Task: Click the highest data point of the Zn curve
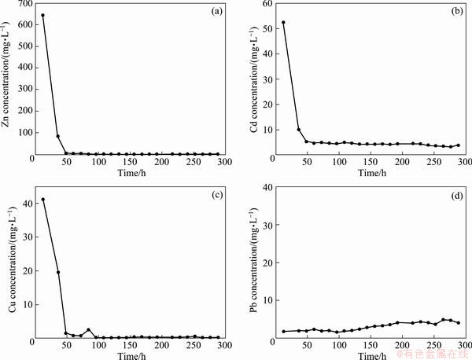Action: pyautogui.click(x=42, y=15)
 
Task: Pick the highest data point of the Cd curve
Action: pyautogui.click(x=283, y=22)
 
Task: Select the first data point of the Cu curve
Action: pyautogui.click(x=42, y=200)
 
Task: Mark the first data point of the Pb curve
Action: pyautogui.click(x=283, y=331)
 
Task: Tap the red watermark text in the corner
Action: pyautogui.click(x=432, y=354)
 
